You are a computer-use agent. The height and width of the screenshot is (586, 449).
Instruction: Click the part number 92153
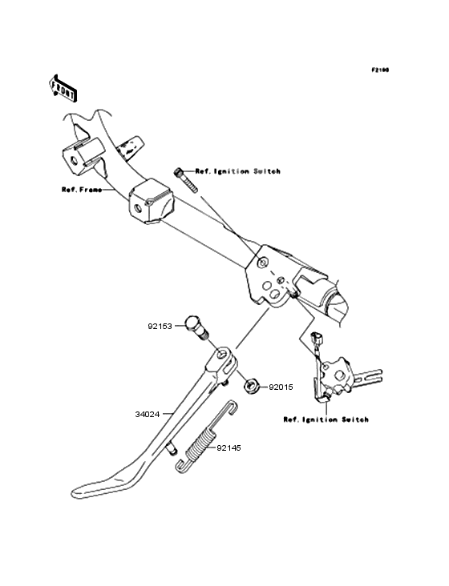tap(160, 327)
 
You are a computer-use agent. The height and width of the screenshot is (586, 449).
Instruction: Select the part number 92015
tap(281, 387)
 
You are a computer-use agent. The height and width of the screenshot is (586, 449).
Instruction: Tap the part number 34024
tap(148, 414)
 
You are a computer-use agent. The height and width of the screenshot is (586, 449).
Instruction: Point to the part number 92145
tap(229, 448)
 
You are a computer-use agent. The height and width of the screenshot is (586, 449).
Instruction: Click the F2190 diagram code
tap(380, 70)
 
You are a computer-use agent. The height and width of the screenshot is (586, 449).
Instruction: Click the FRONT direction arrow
tap(63, 88)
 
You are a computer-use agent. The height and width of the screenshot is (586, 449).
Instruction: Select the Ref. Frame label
tap(82, 190)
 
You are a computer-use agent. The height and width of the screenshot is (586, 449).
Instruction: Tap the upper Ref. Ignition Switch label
tap(237, 171)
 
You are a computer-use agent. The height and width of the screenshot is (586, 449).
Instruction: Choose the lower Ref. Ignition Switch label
tap(326, 419)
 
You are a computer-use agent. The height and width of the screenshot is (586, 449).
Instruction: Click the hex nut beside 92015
tap(249, 385)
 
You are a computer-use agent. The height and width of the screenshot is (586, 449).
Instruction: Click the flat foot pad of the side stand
tap(101, 486)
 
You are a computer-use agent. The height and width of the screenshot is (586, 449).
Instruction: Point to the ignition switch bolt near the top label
tap(185, 180)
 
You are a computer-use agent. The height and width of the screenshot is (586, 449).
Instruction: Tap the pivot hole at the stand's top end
tap(223, 353)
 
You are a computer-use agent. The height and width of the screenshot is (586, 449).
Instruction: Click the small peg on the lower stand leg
tap(172, 449)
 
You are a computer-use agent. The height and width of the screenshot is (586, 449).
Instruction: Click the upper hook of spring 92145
tap(230, 408)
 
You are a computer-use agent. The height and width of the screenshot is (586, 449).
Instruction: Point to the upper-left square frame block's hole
tap(74, 161)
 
